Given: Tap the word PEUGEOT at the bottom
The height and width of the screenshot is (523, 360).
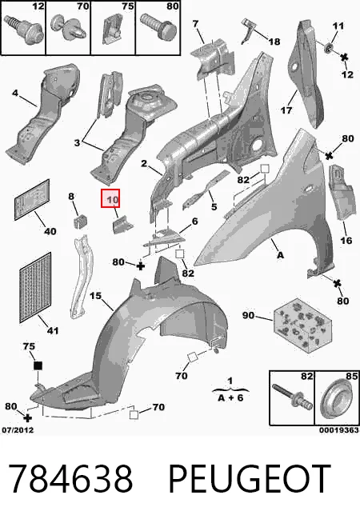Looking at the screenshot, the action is pyautogui.click(x=250, y=479).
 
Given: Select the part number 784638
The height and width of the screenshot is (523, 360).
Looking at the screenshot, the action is pyautogui.click(x=70, y=479).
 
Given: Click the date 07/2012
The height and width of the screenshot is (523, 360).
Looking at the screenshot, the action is pyautogui.click(x=18, y=430).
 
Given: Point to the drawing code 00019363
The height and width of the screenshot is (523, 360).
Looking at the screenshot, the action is pyautogui.click(x=338, y=430).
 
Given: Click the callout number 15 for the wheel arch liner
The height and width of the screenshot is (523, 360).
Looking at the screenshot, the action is pyautogui.click(x=95, y=296).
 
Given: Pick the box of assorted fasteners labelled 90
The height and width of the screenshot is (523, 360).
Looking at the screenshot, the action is pyautogui.click(x=303, y=325).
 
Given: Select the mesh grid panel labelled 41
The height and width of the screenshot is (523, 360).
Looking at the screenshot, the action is pyautogui.click(x=35, y=288).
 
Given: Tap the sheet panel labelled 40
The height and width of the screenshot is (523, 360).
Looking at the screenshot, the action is pyautogui.click(x=32, y=199).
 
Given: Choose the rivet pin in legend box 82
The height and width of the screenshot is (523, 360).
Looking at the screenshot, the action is pyautogui.click(x=293, y=396).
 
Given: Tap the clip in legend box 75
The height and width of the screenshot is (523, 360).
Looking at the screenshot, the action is pyautogui.click(x=113, y=30).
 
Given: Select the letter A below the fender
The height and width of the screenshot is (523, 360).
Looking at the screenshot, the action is pyautogui.click(x=280, y=255).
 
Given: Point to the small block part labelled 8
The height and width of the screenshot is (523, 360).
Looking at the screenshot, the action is pyautogui.click(x=80, y=222).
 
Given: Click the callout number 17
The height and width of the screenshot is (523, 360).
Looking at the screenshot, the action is pyautogui.click(x=286, y=110).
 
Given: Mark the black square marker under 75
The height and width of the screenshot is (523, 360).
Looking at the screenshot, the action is pyautogui.click(x=38, y=365).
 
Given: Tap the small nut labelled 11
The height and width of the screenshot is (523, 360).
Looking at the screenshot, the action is pyautogui.click(x=330, y=48).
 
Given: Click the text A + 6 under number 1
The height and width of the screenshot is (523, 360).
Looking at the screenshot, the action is pyautogui.click(x=230, y=397).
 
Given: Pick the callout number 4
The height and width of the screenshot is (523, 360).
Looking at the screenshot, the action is pyautogui.click(x=15, y=93).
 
